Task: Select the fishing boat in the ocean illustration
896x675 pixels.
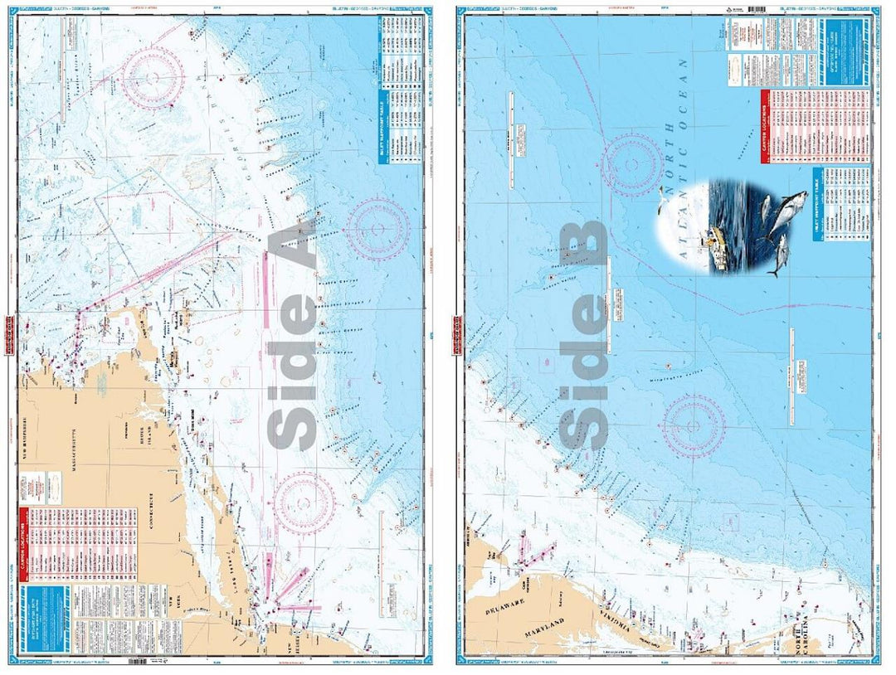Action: tap(716, 249)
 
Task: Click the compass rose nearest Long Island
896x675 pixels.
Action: tap(304, 502)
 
